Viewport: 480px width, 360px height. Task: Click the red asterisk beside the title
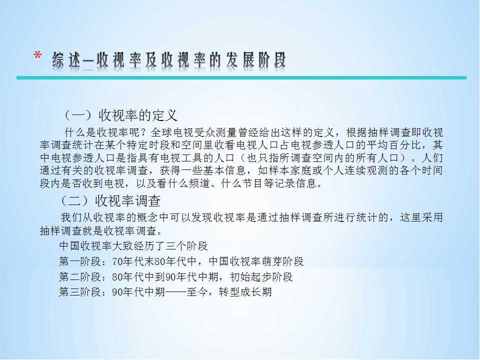pyautogui.click(x=37, y=55)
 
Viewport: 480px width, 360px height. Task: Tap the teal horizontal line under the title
pyautogui.click(x=241, y=78)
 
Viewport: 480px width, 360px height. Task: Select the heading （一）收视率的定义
pyautogui.click(x=120, y=115)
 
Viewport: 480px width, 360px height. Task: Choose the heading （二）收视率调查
pyautogui.click(x=110, y=201)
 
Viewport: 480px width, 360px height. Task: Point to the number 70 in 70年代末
pyautogui.click(x=117, y=261)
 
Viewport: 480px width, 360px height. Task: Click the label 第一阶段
pyautogui.click(x=80, y=261)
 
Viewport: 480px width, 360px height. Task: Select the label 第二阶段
pyautogui.click(x=80, y=276)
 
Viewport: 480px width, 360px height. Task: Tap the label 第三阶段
pyautogui.click(x=80, y=291)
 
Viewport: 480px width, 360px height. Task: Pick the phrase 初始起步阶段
pyautogui.click(x=261, y=276)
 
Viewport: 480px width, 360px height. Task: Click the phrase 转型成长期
pyautogui.click(x=245, y=291)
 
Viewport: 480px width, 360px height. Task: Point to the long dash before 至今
pyautogui.click(x=175, y=292)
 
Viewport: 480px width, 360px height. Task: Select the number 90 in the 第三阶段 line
pyautogui.click(x=117, y=292)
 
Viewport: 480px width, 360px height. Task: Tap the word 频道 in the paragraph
pyautogui.click(x=199, y=183)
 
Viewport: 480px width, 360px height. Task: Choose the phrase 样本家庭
pyautogui.click(x=289, y=170)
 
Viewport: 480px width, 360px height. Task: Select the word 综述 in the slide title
pyautogui.click(x=66, y=59)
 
